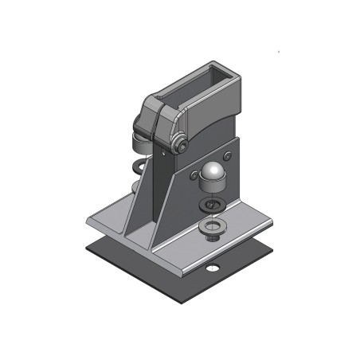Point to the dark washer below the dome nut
tap(210, 205)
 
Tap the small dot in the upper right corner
tap(278, 53)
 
